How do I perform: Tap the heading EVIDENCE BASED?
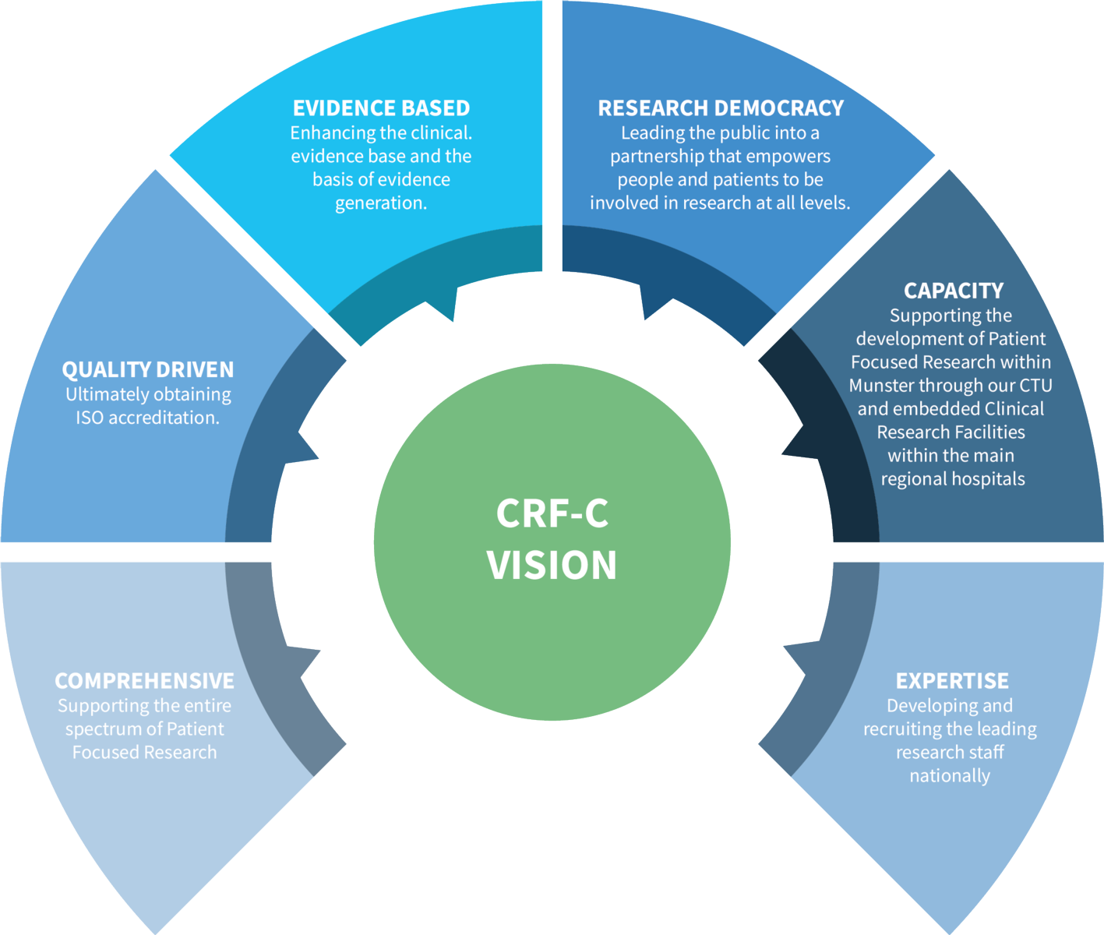[381, 108]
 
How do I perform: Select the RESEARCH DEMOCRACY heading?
[721, 108]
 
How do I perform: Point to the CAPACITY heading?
[953, 291]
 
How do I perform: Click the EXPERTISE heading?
[951, 680]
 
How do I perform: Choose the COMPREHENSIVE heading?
[144, 680]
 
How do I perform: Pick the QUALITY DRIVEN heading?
[147, 369]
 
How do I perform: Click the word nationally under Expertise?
[950, 776]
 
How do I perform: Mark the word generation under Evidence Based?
[380, 203]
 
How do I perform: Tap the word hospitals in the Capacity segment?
[986, 479]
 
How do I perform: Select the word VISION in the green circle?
[552, 566]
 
